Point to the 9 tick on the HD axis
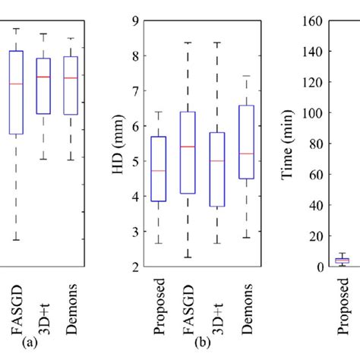click(x=135, y=21)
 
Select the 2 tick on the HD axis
click(x=135, y=267)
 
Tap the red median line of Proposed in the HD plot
click(x=159, y=171)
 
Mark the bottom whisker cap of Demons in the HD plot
click(x=246, y=238)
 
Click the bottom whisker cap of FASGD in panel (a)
click(x=15, y=240)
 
